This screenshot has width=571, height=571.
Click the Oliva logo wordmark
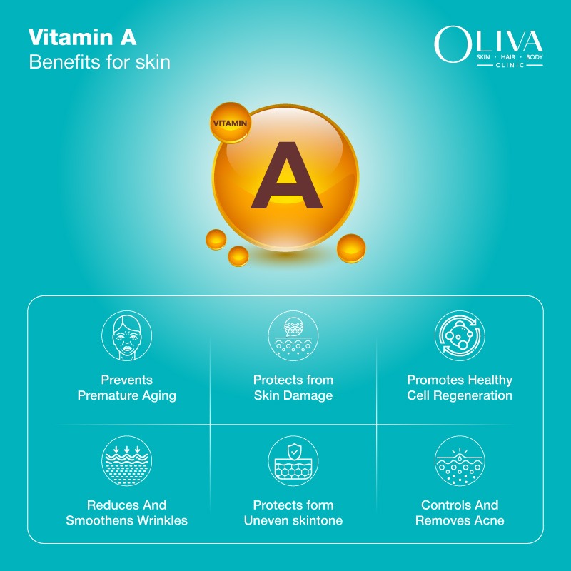click(x=488, y=42)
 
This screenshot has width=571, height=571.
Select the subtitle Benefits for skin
click(x=99, y=61)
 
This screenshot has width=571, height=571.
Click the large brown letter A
click(x=285, y=175)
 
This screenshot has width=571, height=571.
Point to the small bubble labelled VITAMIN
click(x=230, y=123)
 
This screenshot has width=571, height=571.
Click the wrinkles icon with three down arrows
click(x=126, y=461)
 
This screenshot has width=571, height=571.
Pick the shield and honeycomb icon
click(x=293, y=461)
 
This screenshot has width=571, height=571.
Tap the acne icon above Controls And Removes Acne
click(x=460, y=461)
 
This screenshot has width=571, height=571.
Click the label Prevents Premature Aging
click(x=126, y=388)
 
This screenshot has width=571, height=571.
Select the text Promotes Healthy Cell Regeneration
click(x=460, y=388)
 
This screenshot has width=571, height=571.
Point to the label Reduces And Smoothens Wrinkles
click(x=126, y=512)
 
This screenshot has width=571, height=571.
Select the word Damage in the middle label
click(x=308, y=395)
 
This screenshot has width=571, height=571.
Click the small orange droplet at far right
click(x=351, y=247)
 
